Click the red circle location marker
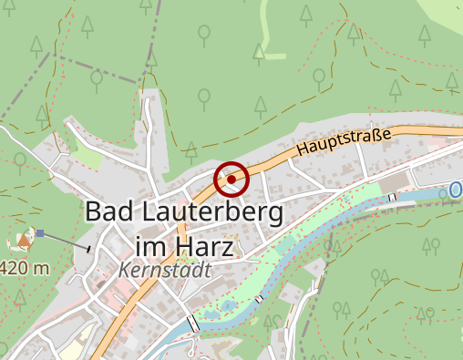click(x=231, y=180)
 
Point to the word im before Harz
click(x=151, y=247)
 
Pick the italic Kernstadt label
click(x=164, y=271)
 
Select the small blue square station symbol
click(x=40, y=233)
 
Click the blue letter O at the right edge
click(x=456, y=190)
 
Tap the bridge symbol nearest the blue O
click(x=394, y=197)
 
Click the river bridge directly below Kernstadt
click(x=193, y=323)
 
